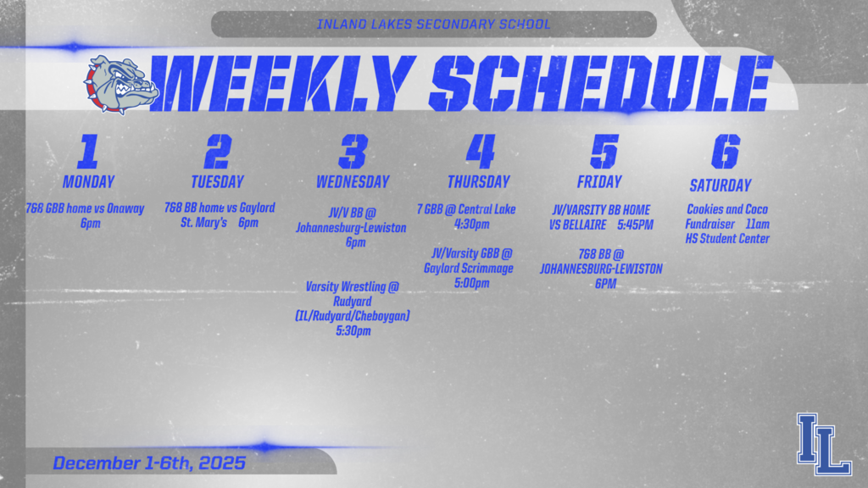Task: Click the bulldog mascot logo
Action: click(x=121, y=85)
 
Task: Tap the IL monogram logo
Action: click(x=823, y=443)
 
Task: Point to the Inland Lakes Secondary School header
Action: click(x=433, y=24)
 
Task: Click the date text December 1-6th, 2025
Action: click(x=149, y=463)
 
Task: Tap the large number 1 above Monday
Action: click(x=88, y=152)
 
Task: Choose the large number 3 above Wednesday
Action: click(x=353, y=152)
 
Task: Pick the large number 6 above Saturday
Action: click(x=725, y=152)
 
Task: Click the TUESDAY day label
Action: click(x=217, y=181)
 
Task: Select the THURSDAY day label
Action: click(x=479, y=181)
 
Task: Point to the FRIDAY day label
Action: click(x=599, y=181)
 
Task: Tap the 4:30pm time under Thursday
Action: click(x=472, y=225)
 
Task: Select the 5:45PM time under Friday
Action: click(x=636, y=225)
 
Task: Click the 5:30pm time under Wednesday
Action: click(x=353, y=330)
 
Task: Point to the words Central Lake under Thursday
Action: click(x=487, y=209)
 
